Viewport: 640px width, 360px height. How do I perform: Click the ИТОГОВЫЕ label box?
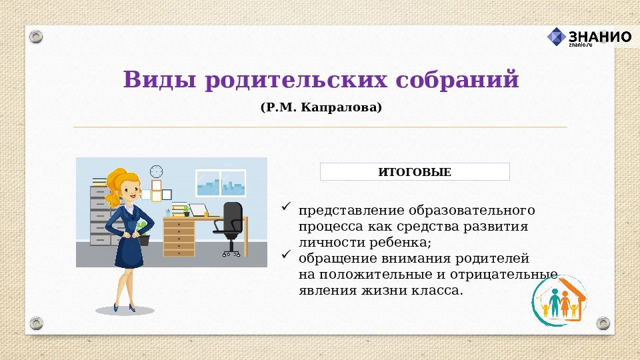pyautogui.click(x=415, y=172)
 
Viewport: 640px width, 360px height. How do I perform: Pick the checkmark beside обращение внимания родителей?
pyautogui.click(x=286, y=255)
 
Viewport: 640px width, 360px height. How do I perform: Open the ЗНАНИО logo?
pyautogui.click(x=589, y=37)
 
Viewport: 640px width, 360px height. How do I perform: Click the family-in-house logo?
pyautogui.click(x=559, y=301)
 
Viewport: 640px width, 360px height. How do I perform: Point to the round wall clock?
pyautogui.click(x=157, y=171)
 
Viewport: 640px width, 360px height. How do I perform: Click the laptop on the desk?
pyautogui.click(x=199, y=210)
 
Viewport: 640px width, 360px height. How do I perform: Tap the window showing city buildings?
pyautogui.click(x=221, y=183)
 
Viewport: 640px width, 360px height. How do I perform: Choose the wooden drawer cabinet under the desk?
pyautogui.click(x=179, y=237)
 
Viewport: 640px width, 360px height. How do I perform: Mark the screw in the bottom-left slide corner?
pyautogui.click(x=36, y=323)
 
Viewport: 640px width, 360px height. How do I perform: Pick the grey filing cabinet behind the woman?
pyautogui.click(x=99, y=213)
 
